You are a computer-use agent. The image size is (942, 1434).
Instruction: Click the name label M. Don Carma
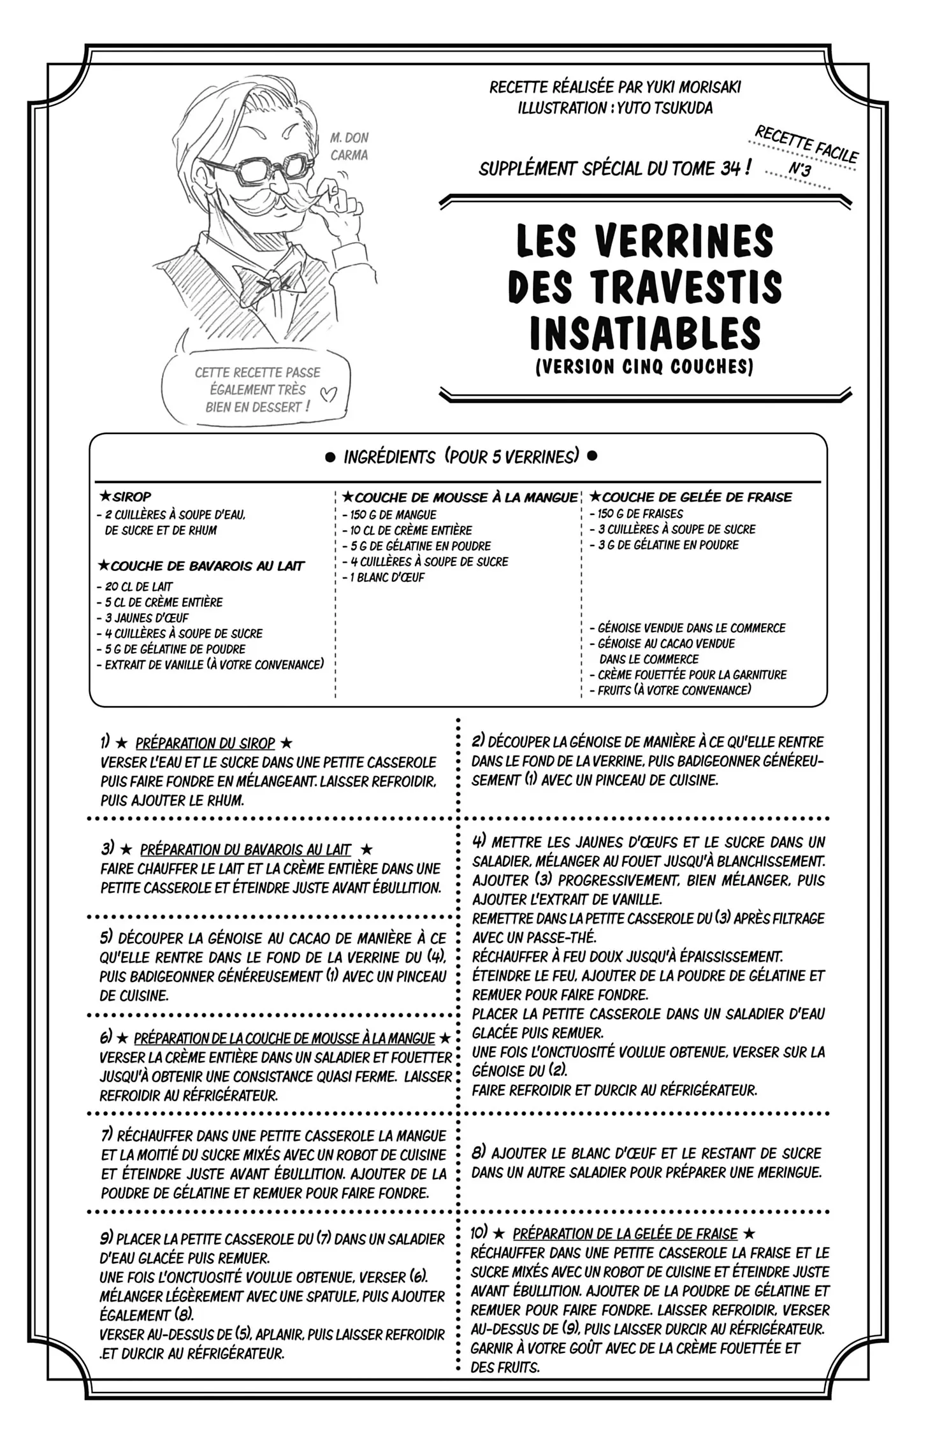click(x=349, y=146)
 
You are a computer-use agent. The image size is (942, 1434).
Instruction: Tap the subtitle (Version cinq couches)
click(x=644, y=367)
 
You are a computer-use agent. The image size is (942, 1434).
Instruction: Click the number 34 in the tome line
click(x=730, y=168)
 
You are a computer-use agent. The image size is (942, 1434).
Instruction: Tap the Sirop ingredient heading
click(x=131, y=496)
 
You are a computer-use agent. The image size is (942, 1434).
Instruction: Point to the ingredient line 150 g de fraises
click(x=639, y=514)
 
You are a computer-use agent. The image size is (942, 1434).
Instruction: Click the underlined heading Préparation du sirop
click(x=205, y=743)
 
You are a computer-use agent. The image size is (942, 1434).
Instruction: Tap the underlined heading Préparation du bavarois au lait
click(x=245, y=850)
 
